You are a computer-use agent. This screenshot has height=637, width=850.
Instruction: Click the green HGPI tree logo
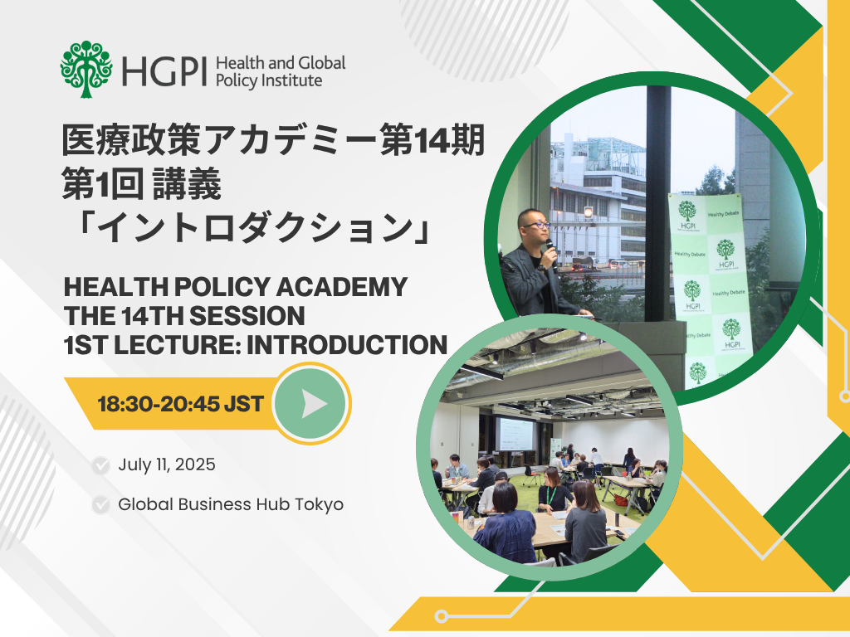86,70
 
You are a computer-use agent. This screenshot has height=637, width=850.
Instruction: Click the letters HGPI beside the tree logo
164,71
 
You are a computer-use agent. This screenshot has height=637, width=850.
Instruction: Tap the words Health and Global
281,63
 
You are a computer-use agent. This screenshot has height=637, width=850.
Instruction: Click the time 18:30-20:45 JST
180,404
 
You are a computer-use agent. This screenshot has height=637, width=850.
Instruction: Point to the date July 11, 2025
167,464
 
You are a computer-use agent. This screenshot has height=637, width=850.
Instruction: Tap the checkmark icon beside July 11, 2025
100,465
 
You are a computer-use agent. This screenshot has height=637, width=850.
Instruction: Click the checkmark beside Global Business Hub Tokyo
100,505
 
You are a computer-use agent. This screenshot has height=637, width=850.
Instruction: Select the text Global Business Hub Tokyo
231,504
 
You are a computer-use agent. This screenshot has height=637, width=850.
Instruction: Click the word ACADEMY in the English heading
341,287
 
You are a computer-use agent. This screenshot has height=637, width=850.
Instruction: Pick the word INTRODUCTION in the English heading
347,345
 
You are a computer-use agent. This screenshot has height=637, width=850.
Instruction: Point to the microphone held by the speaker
552,254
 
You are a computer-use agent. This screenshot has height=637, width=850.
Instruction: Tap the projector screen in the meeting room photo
515,434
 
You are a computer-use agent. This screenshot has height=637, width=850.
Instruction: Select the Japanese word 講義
187,184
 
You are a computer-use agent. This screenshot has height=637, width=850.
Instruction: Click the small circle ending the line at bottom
442,616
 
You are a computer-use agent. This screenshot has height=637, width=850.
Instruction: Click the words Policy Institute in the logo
269,80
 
